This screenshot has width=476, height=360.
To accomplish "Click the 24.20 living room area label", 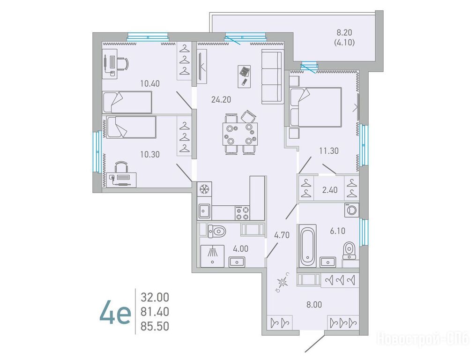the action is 221,99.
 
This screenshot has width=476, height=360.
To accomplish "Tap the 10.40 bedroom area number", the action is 150,83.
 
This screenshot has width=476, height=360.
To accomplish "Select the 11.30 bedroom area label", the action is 329,150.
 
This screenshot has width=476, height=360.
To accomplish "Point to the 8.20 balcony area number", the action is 344,32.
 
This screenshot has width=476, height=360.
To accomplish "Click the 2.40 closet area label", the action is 329,190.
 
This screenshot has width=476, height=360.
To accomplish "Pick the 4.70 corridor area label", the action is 282,235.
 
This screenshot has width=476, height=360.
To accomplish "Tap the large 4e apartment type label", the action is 115,312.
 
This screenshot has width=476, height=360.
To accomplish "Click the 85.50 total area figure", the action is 155,326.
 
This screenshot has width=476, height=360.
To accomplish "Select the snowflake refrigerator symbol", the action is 205,189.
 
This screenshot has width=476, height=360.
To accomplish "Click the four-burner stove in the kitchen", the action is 243,212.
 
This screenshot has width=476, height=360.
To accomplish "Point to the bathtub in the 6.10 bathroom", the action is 307,246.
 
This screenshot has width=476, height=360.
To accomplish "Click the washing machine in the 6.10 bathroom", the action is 352,210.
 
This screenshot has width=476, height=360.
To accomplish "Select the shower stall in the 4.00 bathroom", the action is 212,256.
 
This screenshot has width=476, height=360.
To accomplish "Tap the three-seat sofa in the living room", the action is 272,76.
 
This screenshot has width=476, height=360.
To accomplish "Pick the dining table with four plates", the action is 240,134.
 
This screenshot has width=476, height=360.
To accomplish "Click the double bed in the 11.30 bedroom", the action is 316,106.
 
